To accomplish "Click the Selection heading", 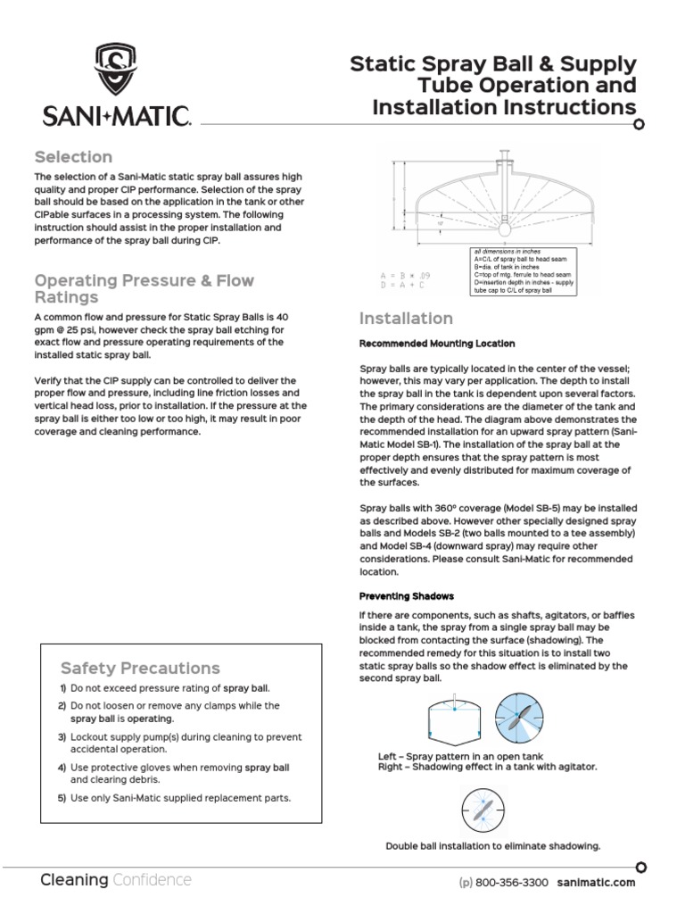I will tap(73, 157).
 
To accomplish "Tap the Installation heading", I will tap(406, 319).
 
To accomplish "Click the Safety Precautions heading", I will tap(140, 668).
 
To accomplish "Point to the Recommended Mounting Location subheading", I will tap(436, 344).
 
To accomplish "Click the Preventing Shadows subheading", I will tap(406, 596).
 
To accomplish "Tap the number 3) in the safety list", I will tap(62, 737).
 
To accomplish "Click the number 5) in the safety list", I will tap(62, 798).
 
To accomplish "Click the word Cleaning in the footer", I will tap(74, 880).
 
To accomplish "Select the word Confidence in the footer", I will tap(152, 880).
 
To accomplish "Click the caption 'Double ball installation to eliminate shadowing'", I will tap(492, 846).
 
